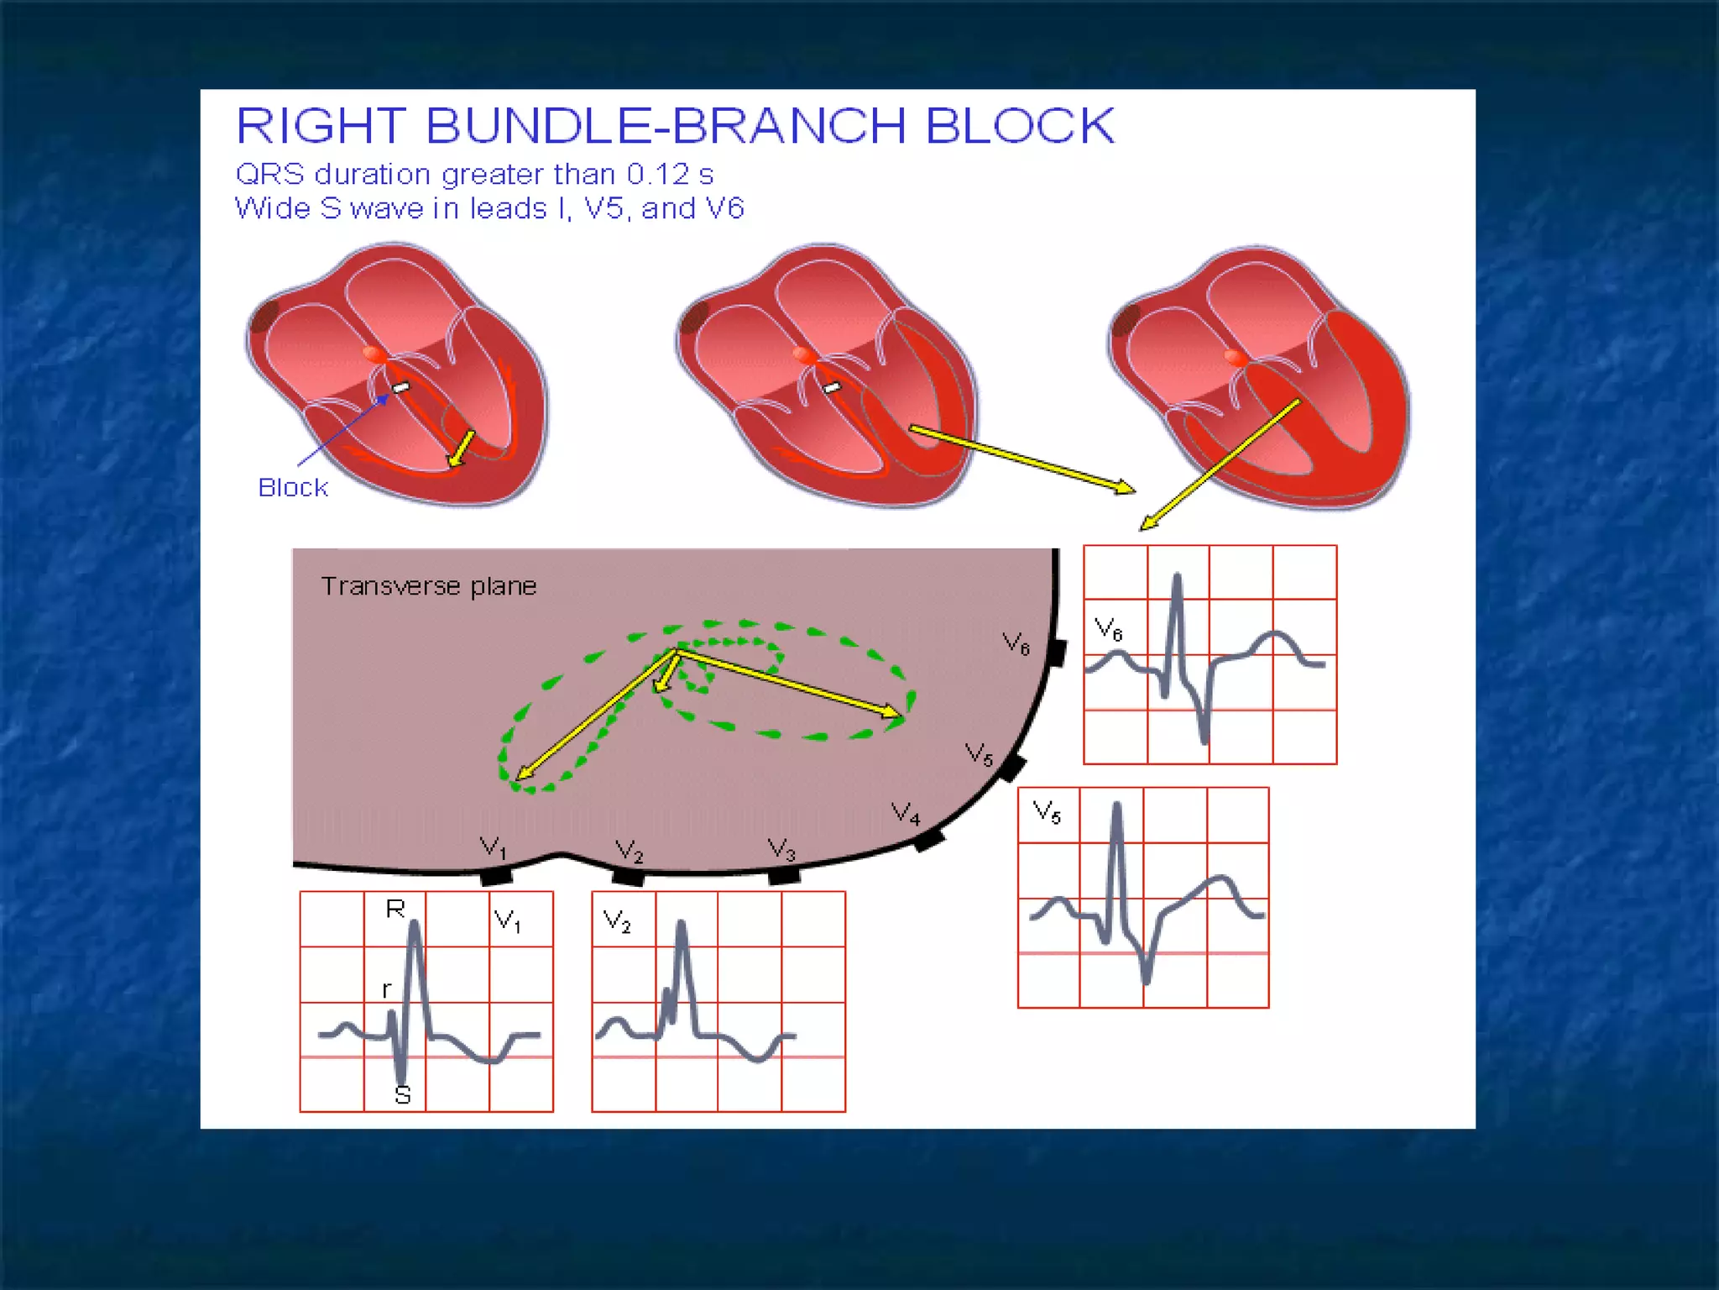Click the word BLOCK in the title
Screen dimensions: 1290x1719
(1019, 126)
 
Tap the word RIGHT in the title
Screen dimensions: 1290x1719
(321, 126)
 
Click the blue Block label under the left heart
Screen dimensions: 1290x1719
(292, 487)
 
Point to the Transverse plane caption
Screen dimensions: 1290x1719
(428, 585)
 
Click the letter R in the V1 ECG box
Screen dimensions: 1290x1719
(395, 909)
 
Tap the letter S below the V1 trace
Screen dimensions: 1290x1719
(403, 1095)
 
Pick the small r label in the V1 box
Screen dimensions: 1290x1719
(386, 989)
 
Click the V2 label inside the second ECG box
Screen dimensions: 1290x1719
(617, 921)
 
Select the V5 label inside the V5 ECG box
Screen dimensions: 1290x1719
(1047, 811)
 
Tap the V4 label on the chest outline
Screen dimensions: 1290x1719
(906, 813)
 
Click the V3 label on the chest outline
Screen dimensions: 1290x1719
(781, 849)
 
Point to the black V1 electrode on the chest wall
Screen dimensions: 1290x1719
(496, 877)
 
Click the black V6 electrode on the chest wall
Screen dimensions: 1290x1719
(1058, 653)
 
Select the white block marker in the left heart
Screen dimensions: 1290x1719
(401, 387)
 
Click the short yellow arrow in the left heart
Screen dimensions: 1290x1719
(462, 448)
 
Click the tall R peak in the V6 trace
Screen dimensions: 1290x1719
(1177, 579)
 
